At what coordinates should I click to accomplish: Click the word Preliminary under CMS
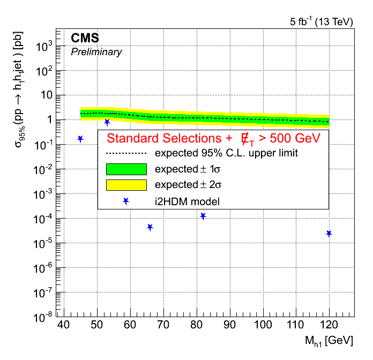(x=96, y=52)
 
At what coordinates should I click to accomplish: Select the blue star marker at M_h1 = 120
(x=329, y=234)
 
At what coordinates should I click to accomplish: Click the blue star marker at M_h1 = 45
(x=80, y=139)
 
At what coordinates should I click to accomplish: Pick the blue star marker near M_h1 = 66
(x=150, y=228)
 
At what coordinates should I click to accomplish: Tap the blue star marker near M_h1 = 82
(x=203, y=216)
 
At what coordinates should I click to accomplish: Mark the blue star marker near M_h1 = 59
(x=126, y=201)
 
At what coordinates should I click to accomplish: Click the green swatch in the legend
(x=126, y=169)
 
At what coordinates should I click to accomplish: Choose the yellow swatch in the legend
(x=126, y=185)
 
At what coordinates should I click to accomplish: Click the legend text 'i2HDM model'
(x=188, y=201)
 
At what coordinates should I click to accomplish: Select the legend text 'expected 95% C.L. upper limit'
(x=226, y=153)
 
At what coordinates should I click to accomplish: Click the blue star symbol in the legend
(x=126, y=201)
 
